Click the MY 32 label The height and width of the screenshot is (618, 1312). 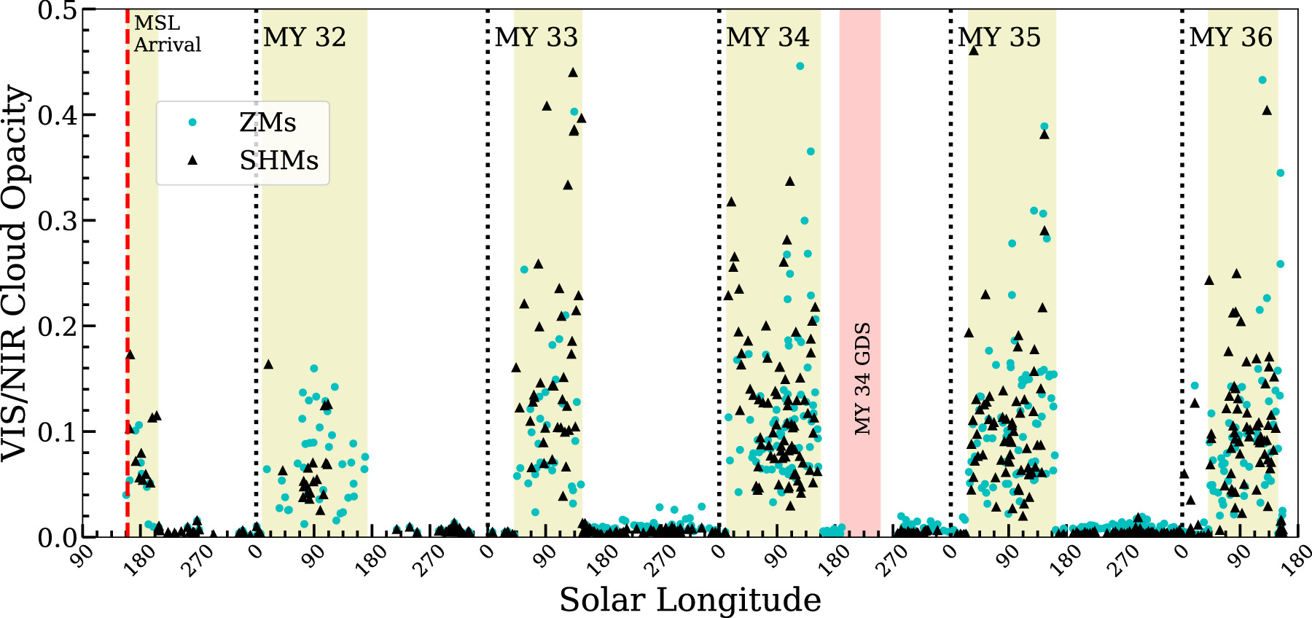[x=305, y=37]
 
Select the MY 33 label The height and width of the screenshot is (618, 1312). [x=536, y=37]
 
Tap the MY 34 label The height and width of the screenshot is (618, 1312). [x=768, y=37]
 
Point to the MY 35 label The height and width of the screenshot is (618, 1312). [x=999, y=37]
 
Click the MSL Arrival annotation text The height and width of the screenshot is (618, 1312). [x=167, y=34]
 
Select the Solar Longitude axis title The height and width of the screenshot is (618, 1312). [x=690, y=600]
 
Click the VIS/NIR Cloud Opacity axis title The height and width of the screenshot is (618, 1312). [x=16, y=273]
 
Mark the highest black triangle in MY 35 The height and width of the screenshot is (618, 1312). [x=974, y=50]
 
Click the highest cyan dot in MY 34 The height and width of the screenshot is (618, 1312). [x=800, y=66]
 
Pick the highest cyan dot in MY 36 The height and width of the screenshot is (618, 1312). [x=1262, y=80]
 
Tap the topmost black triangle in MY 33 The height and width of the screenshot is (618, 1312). [x=573, y=72]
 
